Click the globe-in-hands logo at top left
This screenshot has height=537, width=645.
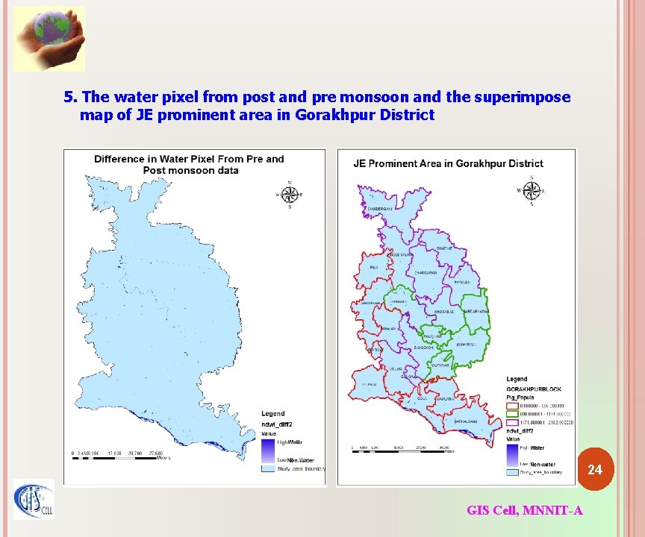coord(49,39)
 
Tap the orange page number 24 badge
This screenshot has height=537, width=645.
coord(594,470)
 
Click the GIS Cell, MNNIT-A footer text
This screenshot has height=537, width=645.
coord(525,510)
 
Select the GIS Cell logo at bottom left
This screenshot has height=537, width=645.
coord(34,500)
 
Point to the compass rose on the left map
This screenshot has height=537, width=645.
coord(290,194)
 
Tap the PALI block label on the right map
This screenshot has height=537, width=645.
coord(373,267)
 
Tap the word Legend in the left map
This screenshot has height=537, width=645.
coord(272,413)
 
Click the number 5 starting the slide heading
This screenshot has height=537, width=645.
coord(69,97)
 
